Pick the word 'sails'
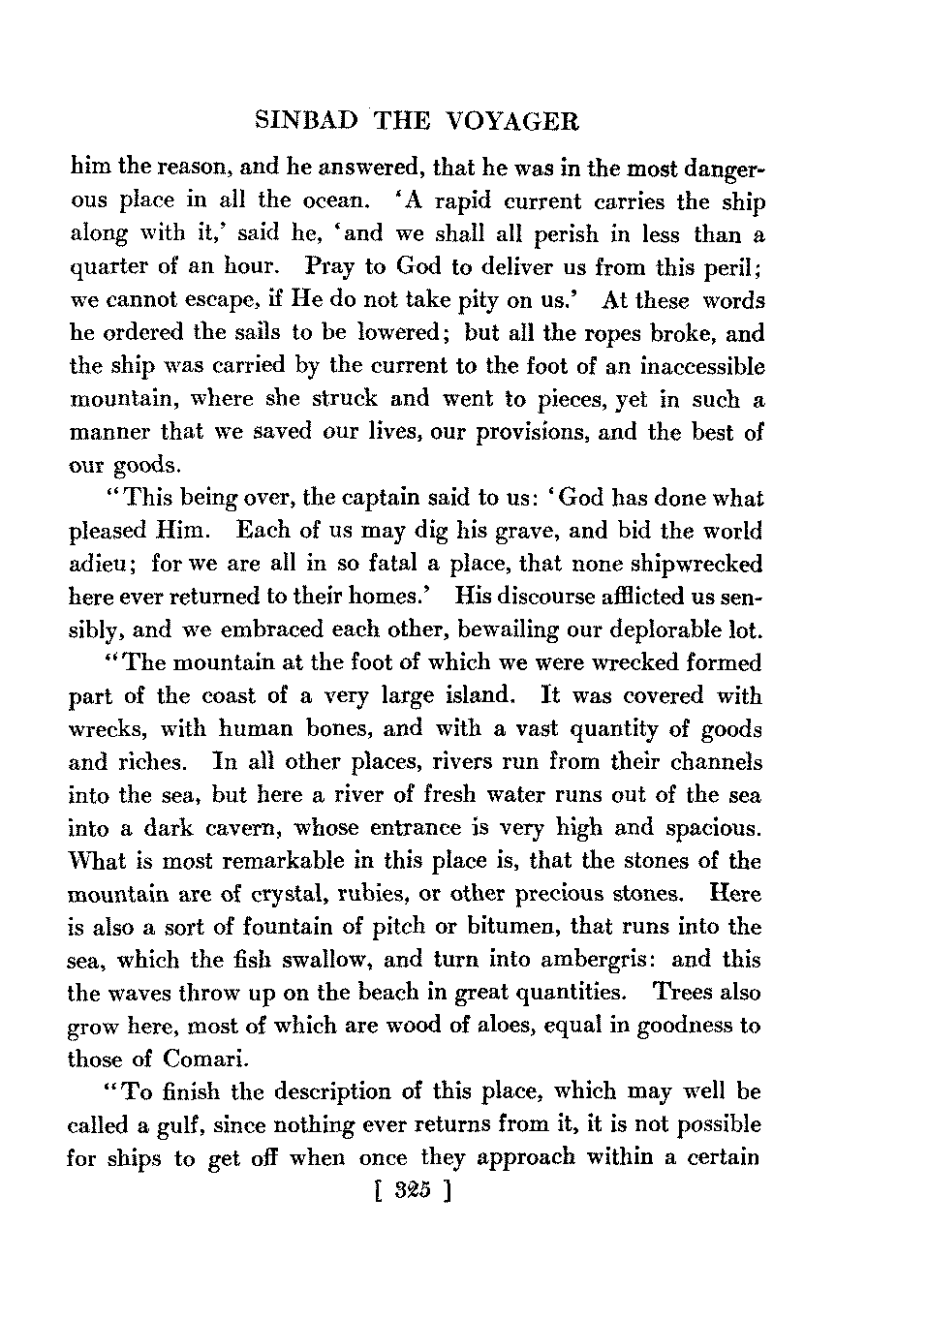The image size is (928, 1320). click(x=259, y=333)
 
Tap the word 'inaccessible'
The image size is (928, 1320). click(x=696, y=367)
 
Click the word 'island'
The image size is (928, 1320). click(x=473, y=696)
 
